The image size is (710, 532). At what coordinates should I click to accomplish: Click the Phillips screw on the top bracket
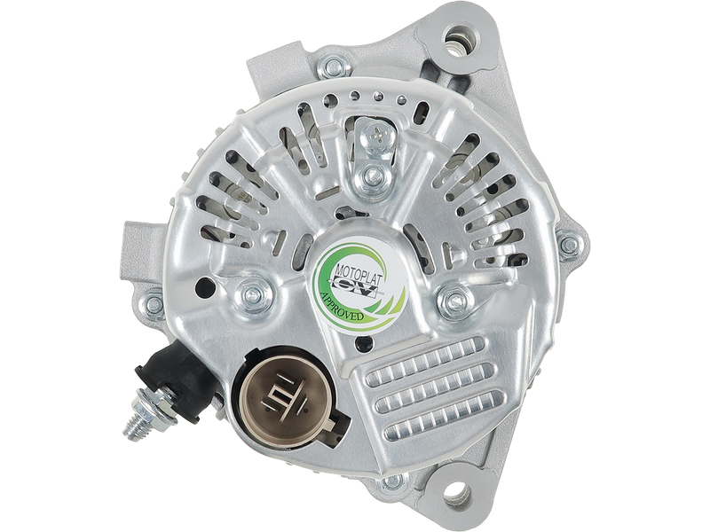point(377,134)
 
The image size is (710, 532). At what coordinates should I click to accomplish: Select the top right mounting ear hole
point(457,37)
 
